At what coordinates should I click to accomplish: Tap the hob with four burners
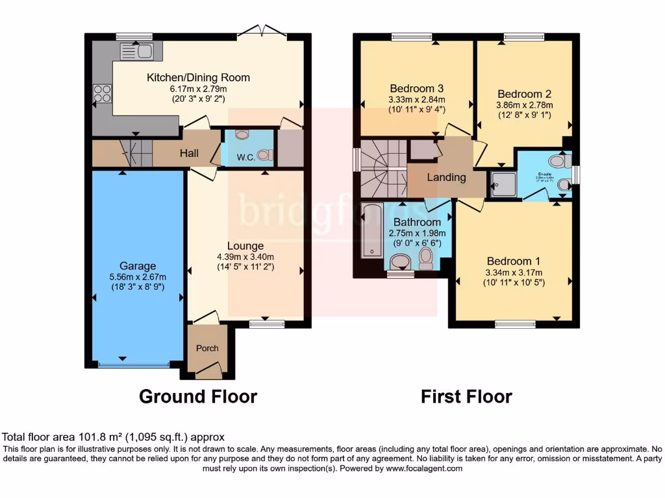(x=102, y=94)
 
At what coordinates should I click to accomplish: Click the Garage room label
(x=138, y=266)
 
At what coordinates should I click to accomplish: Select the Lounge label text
(x=245, y=246)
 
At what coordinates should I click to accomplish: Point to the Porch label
(x=207, y=348)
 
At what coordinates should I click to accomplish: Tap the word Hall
(x=189, y=154)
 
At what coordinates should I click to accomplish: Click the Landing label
(x=446, y=177)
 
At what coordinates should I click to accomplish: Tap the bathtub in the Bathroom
(x=371, y=230)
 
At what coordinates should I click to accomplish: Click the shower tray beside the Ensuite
(x=503, y=184)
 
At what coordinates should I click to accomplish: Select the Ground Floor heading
(x=198, y=396)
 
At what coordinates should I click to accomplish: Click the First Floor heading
(x=466, y=396)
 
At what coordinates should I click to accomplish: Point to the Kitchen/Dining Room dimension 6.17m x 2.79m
(x=198, y=89)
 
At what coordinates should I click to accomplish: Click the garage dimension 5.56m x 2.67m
(x=138, y=277)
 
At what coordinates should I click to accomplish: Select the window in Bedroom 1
(x=515, y=324)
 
